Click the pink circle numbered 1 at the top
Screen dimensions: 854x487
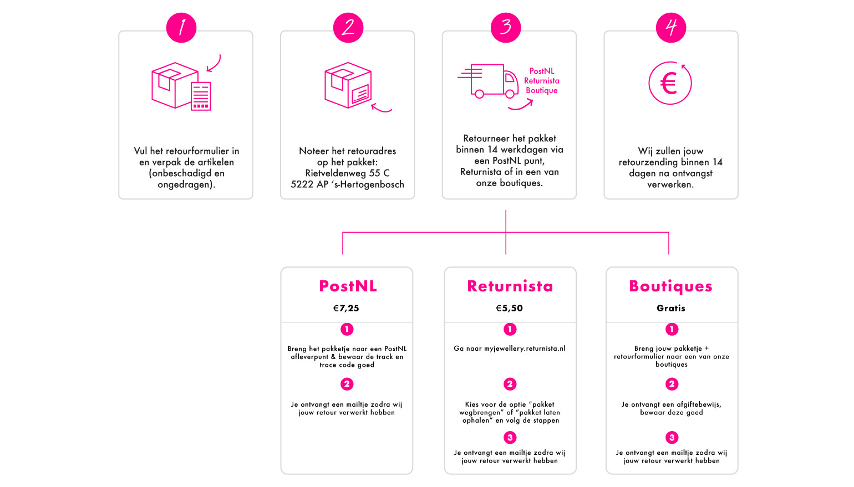[x=181, y=28]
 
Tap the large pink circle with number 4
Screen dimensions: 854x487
[x=671, y=28]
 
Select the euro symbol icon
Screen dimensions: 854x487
[x=670, y=83]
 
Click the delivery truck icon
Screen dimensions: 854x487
[x=488, y=81]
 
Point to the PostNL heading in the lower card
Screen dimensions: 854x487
[x=348, y=286]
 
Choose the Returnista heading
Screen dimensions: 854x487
[x=510, y=286]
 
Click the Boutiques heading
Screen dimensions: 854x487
[x=670, y=286]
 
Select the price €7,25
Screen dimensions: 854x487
[x=346, y=308]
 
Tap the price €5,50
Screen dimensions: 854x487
[x=509, y=308]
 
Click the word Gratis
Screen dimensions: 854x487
[x=671, y=308]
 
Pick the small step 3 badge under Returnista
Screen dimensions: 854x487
[x=510, y=438]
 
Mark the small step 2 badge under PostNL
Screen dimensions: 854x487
[x=347, y=384]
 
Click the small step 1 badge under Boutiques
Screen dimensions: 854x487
[x=672, y=329]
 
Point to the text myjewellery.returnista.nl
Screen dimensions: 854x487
[x=525, y=349]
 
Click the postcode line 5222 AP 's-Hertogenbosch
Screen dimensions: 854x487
[x=347, y=184]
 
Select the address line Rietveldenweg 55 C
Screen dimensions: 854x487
[x=347, y=173]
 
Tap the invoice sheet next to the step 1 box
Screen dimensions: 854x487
[x=201, y=96]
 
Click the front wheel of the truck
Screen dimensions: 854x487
[x=510, y=94]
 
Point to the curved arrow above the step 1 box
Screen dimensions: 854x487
[x=214, y=64]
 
